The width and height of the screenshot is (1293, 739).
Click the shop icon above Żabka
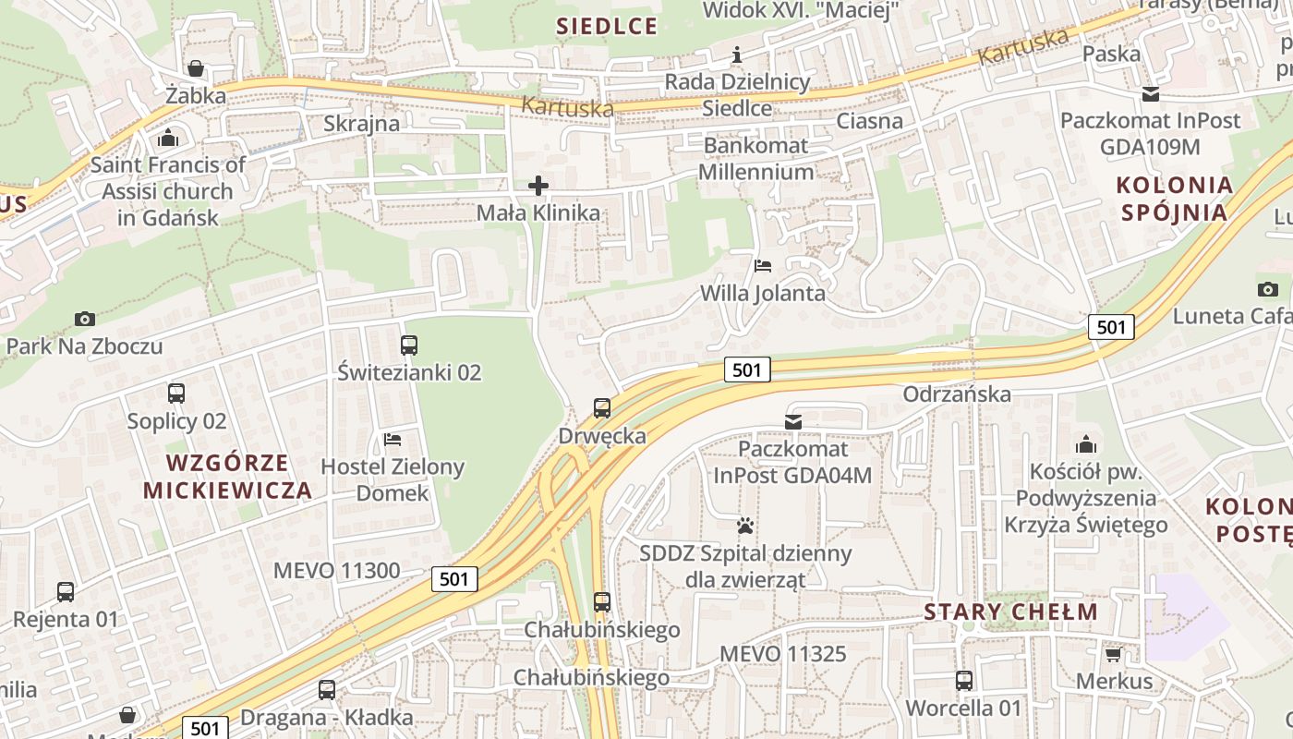[195, 68]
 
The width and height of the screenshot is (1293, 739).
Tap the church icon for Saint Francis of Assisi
[168, 139]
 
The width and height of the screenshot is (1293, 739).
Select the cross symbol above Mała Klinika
[538, 187]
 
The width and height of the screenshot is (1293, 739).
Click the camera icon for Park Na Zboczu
[85, 320]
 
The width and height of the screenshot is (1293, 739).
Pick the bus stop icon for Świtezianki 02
[409, 345]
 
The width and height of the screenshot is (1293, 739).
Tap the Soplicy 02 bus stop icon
[176, 394]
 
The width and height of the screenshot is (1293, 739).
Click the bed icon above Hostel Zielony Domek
[393, 440]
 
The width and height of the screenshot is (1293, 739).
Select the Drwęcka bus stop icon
[602, 408]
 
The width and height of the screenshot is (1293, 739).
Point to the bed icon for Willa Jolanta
[763, 267]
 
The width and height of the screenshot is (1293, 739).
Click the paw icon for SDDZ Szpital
[745, 527]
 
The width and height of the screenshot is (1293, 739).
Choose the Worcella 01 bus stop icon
[964, 681]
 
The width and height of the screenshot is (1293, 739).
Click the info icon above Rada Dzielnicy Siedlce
[737, 55]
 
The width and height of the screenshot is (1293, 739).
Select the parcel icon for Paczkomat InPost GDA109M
[1151, 93]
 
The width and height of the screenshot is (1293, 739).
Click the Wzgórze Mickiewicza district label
[228, 476]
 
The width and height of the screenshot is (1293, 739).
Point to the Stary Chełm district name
[1011, 612]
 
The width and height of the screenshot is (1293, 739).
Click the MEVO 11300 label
[337, 571]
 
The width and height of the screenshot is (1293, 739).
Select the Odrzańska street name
[957, 394]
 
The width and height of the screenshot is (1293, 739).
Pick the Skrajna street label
[362, 124]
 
